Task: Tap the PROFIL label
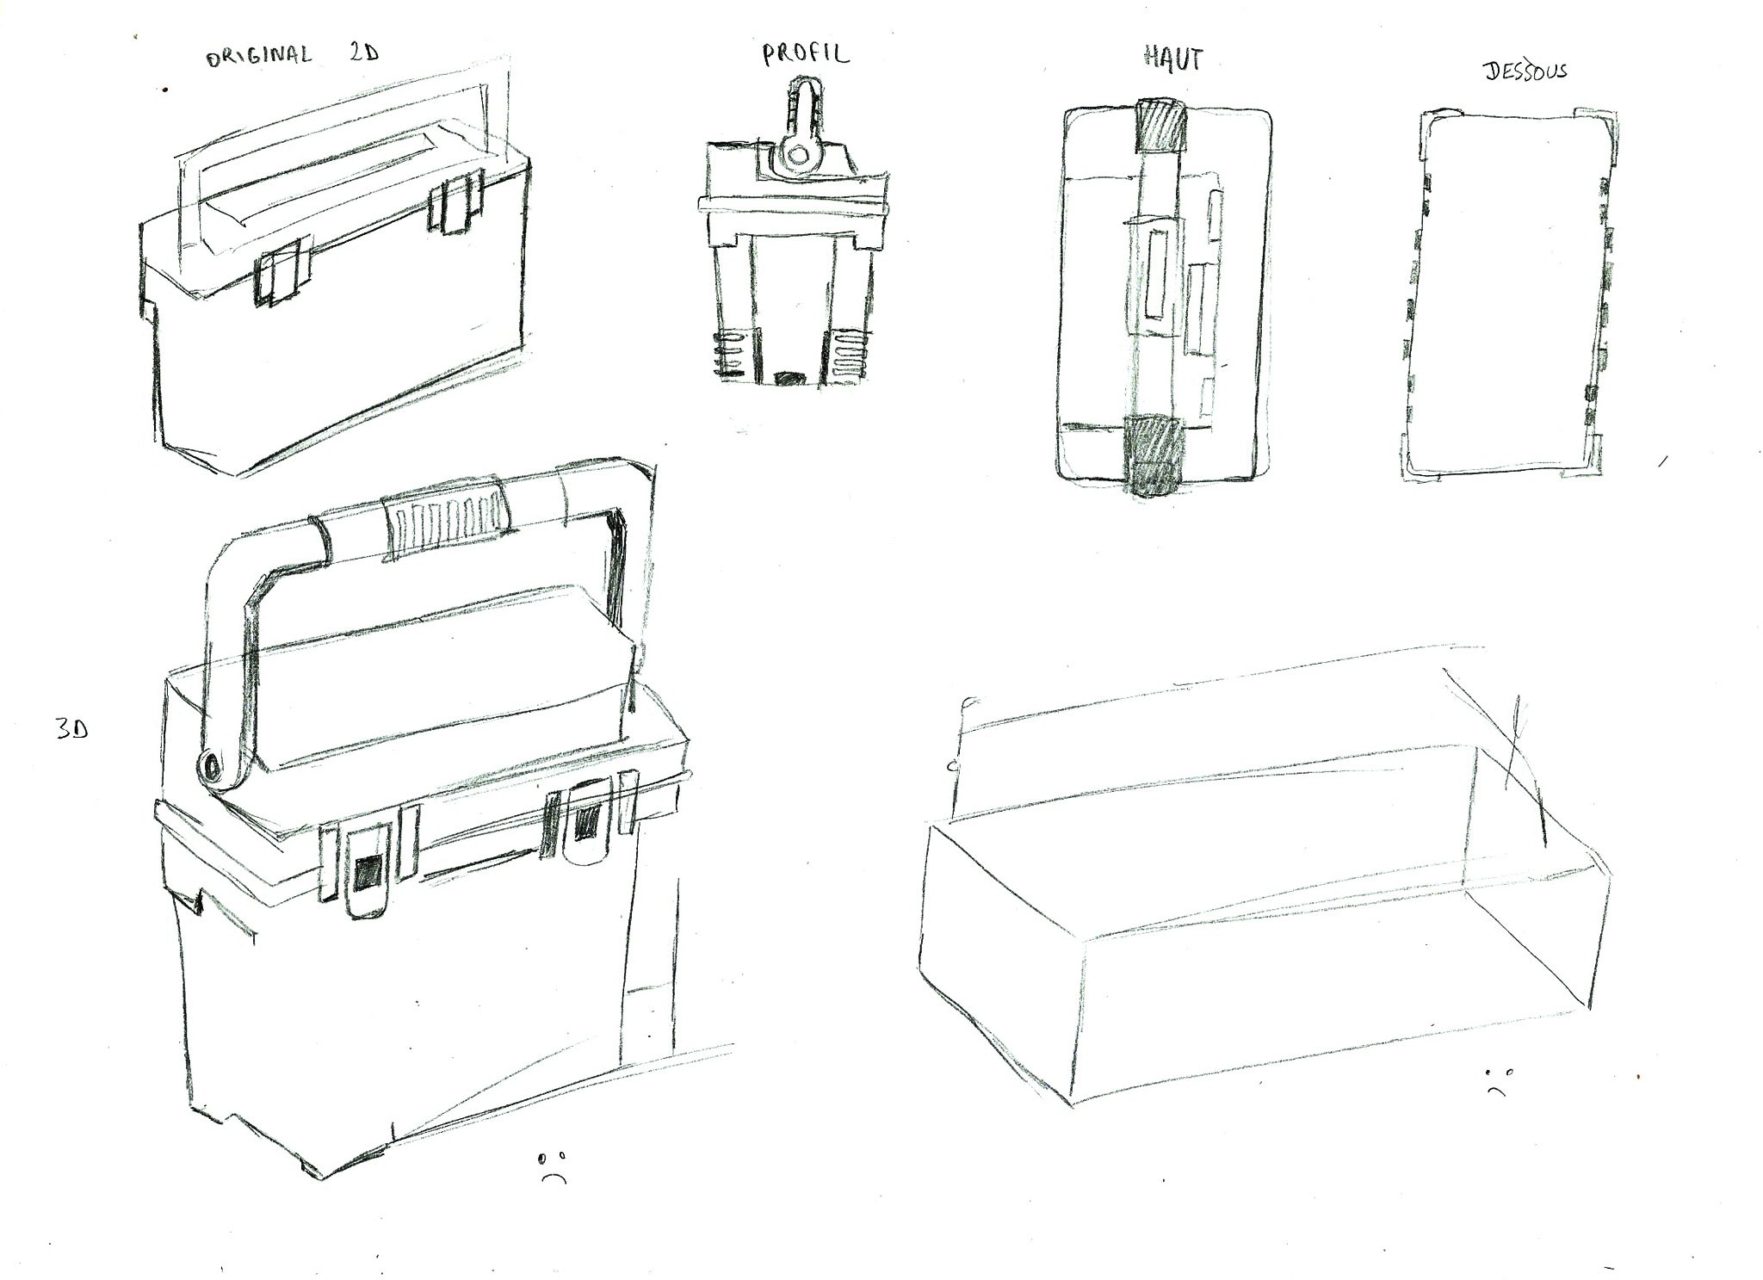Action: pyautogui.click(x=805, y=53)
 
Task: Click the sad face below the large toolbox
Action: pyautogui.click(x=554, y=1166)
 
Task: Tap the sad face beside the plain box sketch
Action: pyautogui.click(x=1495, y=1081)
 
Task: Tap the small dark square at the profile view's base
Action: pyautogui.click(x=789, y=378)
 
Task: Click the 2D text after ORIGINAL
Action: pyautogui.click(x=364, y=53)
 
